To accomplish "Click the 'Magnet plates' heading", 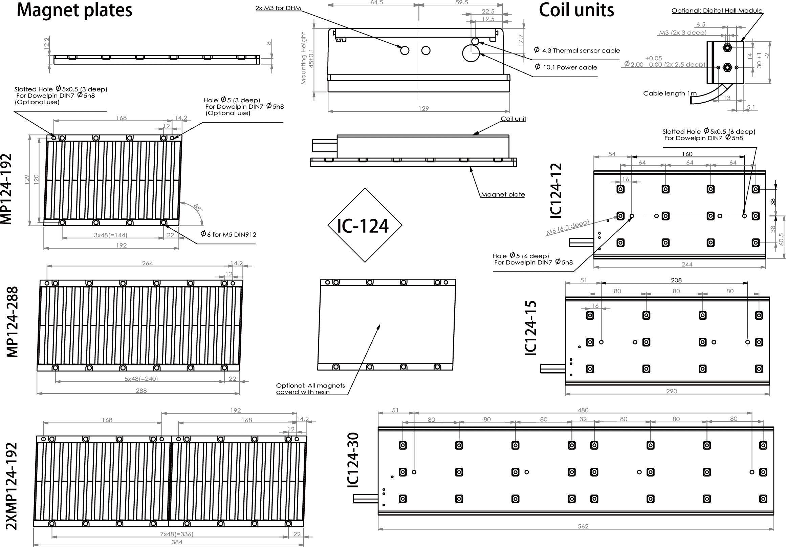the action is [x=74, y=10].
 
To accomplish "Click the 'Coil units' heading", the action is [x=576, y=10].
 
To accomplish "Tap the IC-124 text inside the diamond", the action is [x=363, y=226].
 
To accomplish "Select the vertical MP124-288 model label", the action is [x=12, y=322].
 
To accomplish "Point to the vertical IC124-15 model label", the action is [x=531, y=328].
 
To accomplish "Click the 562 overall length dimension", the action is [x=583, y=526].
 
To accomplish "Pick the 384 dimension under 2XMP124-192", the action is [x=177, y=542].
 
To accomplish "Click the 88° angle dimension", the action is [x=198, y=208].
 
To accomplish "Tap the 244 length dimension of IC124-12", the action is [x=687, y=264].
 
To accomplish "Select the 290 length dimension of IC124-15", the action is [x=672, y=391].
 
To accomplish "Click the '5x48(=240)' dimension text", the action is [x=141, y=378].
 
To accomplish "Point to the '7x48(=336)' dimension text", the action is [x=177, y=534].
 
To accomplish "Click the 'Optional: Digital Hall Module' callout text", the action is [x=717, y=10].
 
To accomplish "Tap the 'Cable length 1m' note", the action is [x=670, y=93].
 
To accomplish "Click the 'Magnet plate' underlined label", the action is [x=503, y=194].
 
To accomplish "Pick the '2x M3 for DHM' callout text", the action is [x=278, y=8].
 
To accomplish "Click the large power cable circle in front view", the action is [x=471, y=54].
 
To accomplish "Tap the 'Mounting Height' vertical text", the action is [x=303, y=58].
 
